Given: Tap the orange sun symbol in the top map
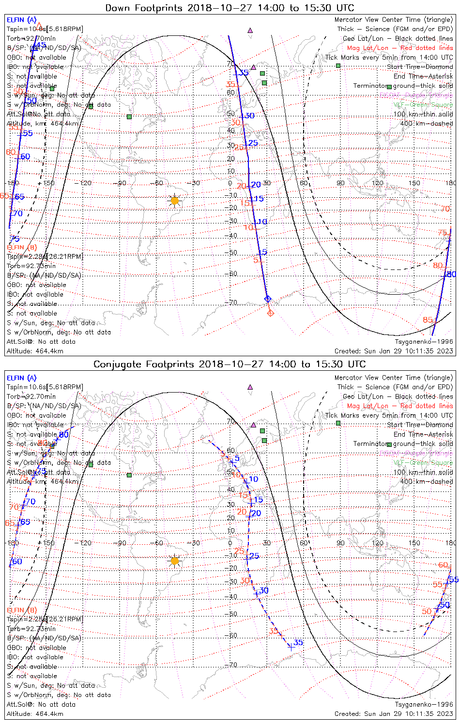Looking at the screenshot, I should click(175, 200).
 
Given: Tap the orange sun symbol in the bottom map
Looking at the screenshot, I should click(175, 561).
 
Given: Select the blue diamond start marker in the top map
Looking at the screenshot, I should click(267, 299).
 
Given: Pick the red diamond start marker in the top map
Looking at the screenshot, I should click(271, 313).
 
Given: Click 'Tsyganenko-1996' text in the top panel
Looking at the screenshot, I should click(424, 342).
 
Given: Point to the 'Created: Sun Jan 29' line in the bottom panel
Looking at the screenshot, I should click(394, 713).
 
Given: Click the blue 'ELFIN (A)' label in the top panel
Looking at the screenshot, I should click(21, 20).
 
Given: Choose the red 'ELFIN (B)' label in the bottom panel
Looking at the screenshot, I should click(21, 610).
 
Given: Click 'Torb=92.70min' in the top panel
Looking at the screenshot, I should click(31, 38).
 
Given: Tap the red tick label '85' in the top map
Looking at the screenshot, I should click(428, 320).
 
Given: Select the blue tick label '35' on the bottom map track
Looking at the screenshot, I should click(298, 643).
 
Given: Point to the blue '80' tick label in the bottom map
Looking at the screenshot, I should click(64, 435).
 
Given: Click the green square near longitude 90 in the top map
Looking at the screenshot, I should click(338, 65).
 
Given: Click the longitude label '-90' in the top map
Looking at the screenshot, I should click(122, 183).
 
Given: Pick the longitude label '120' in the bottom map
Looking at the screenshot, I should click(378, 543).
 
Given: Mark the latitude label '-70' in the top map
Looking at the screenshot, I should click(232, 303).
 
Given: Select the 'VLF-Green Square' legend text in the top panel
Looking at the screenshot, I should click(423, 105).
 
